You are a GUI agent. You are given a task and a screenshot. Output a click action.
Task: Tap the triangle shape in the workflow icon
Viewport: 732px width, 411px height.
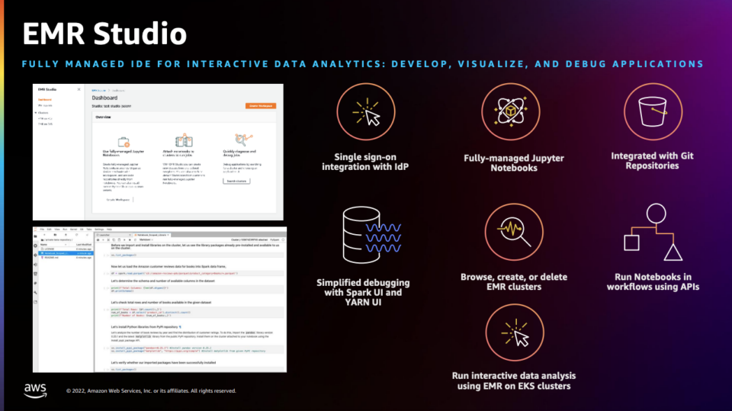672,252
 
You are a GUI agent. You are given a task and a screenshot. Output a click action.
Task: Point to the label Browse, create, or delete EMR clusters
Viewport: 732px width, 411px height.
513,281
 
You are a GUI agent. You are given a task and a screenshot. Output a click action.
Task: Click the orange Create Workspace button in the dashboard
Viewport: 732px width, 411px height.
260,106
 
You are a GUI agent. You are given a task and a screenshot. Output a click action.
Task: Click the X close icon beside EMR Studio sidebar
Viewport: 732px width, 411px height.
79,89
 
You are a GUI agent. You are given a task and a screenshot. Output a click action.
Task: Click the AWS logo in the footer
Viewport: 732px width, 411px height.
35,390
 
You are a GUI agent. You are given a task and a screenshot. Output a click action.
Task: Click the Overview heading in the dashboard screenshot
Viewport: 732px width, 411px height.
104,117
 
